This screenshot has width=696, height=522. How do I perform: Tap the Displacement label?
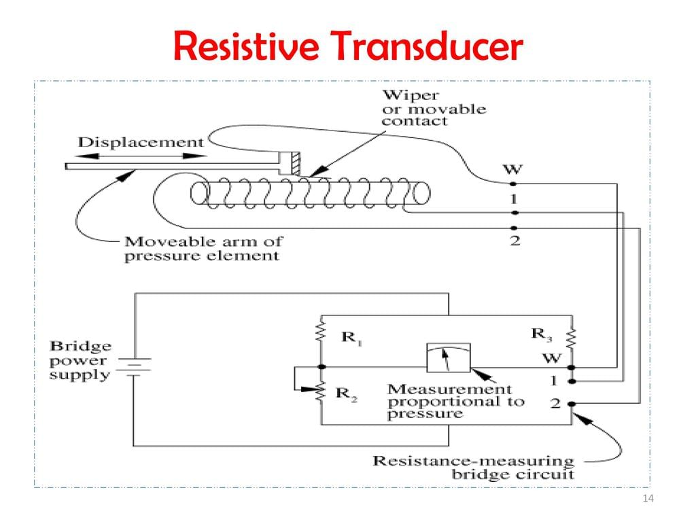click(141, 142)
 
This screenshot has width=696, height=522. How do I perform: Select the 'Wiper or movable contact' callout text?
click(434, 108)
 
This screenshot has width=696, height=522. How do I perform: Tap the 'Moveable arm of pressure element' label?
click(203, 248)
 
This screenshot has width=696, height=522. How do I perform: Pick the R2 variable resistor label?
click(346, 394)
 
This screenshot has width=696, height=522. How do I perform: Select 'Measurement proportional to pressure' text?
click(455, 401)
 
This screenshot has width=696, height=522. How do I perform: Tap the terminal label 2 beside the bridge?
click(555, 403)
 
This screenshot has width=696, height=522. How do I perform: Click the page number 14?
click(647, 500)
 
